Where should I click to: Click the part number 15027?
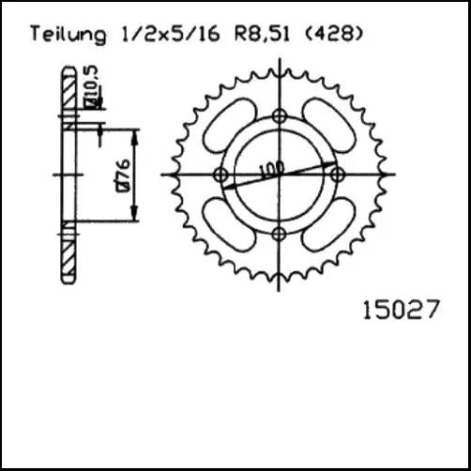399,309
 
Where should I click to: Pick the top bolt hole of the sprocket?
279,116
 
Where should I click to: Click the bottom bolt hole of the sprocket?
279,234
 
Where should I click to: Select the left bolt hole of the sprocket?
220,175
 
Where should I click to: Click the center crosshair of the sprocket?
279,175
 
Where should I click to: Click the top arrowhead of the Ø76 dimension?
137,134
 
